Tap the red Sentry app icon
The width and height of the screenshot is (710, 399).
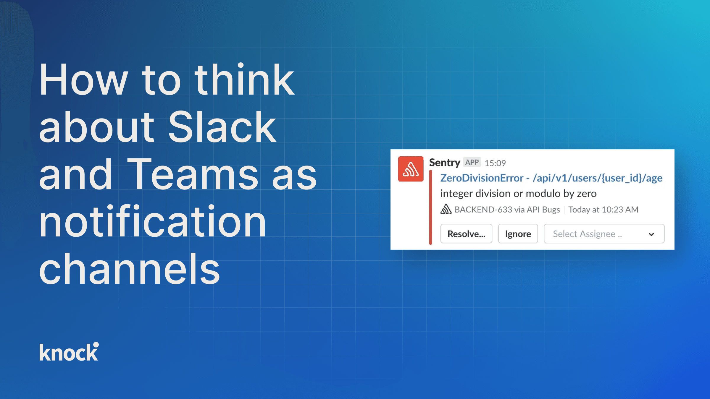[x=411, y=169]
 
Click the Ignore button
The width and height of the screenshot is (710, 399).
[x=518, y=234]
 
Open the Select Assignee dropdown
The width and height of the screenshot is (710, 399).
[x=604, y=234]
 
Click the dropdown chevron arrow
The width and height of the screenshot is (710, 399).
[x=651, y=234]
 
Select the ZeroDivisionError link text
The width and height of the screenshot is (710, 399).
[x=482, y=178]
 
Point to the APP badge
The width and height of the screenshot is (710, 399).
[x=472, y=162]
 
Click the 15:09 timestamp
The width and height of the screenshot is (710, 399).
[x=495, y=163]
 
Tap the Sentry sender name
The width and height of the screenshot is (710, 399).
[x=444, y=163]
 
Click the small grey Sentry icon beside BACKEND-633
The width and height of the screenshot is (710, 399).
[x=446, y=209]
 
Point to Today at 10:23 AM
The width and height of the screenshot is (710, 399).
[x=603, y=210]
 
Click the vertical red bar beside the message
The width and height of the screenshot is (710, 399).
[x=431, y=207]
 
